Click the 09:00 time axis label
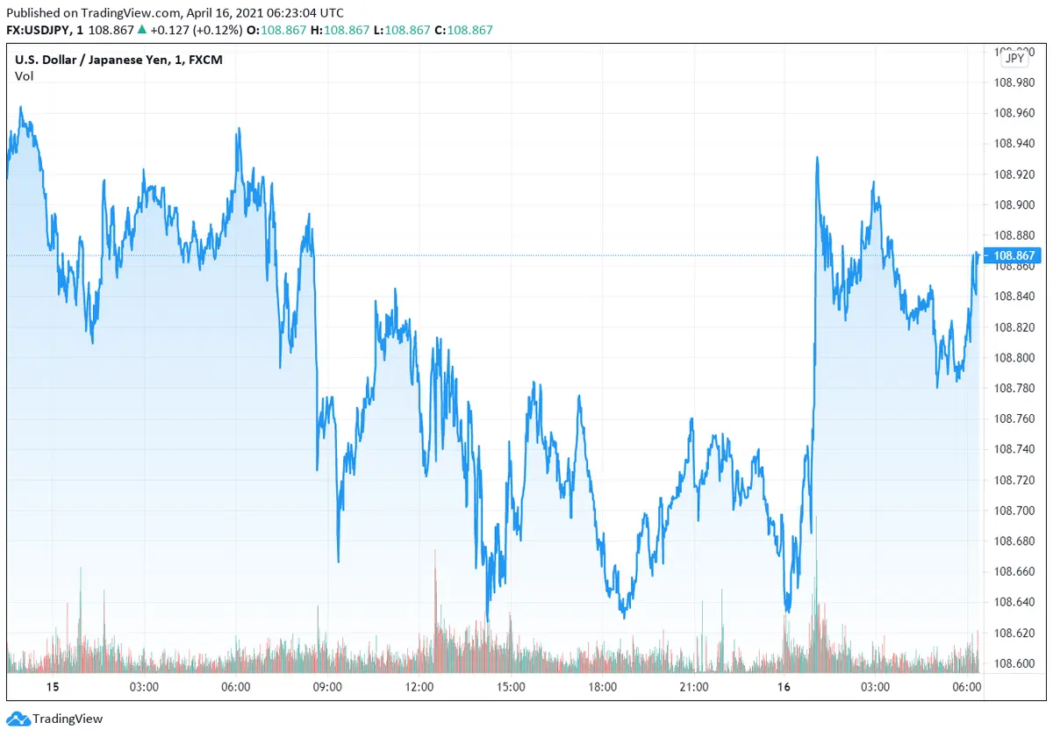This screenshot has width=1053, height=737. [x=327, y=687]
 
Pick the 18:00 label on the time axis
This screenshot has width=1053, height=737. [x=603, y=687]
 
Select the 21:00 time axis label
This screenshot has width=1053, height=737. [x=694, y=687]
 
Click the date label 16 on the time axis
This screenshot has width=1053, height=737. [x=784, y=687]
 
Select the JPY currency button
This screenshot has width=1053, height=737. [x=1014, y=58]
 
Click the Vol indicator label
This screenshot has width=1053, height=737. [x=24, y=76]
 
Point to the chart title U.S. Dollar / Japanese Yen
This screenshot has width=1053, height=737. [x=89, y=60]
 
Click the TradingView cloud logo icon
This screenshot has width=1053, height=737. [x=17, y=719]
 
